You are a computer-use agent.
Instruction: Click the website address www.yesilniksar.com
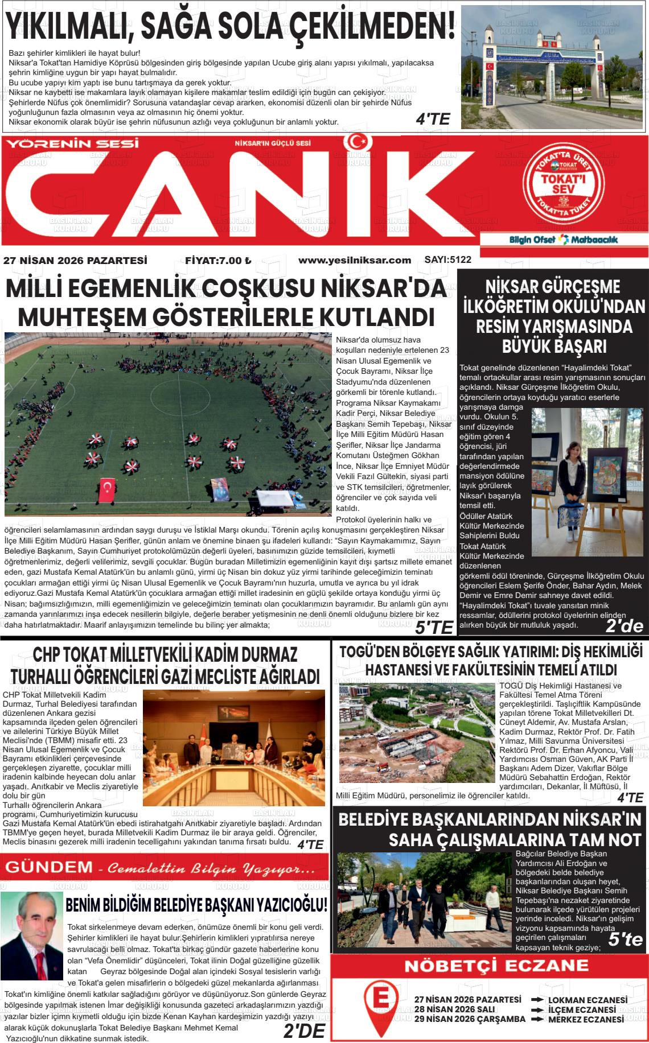[x=354, y=260]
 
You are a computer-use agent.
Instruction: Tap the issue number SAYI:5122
[x=448, y=259]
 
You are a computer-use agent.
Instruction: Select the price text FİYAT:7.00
[x=218, y=261]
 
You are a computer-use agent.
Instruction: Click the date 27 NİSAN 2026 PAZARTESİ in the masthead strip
[x=75, y=261]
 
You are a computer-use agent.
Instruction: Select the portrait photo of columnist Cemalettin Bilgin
[x=31, y=927]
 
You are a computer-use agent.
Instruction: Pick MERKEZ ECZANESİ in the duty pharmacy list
[x=586, y=1019]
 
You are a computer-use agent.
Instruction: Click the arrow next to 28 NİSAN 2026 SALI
[x=536, y=1009]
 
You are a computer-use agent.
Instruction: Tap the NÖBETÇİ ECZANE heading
[x=488, y=966]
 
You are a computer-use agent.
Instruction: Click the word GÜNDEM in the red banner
[x=48, y=867]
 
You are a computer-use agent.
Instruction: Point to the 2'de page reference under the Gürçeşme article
[x=624, y=626]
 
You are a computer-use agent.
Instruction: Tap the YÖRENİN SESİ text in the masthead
[x=72, y=144]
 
